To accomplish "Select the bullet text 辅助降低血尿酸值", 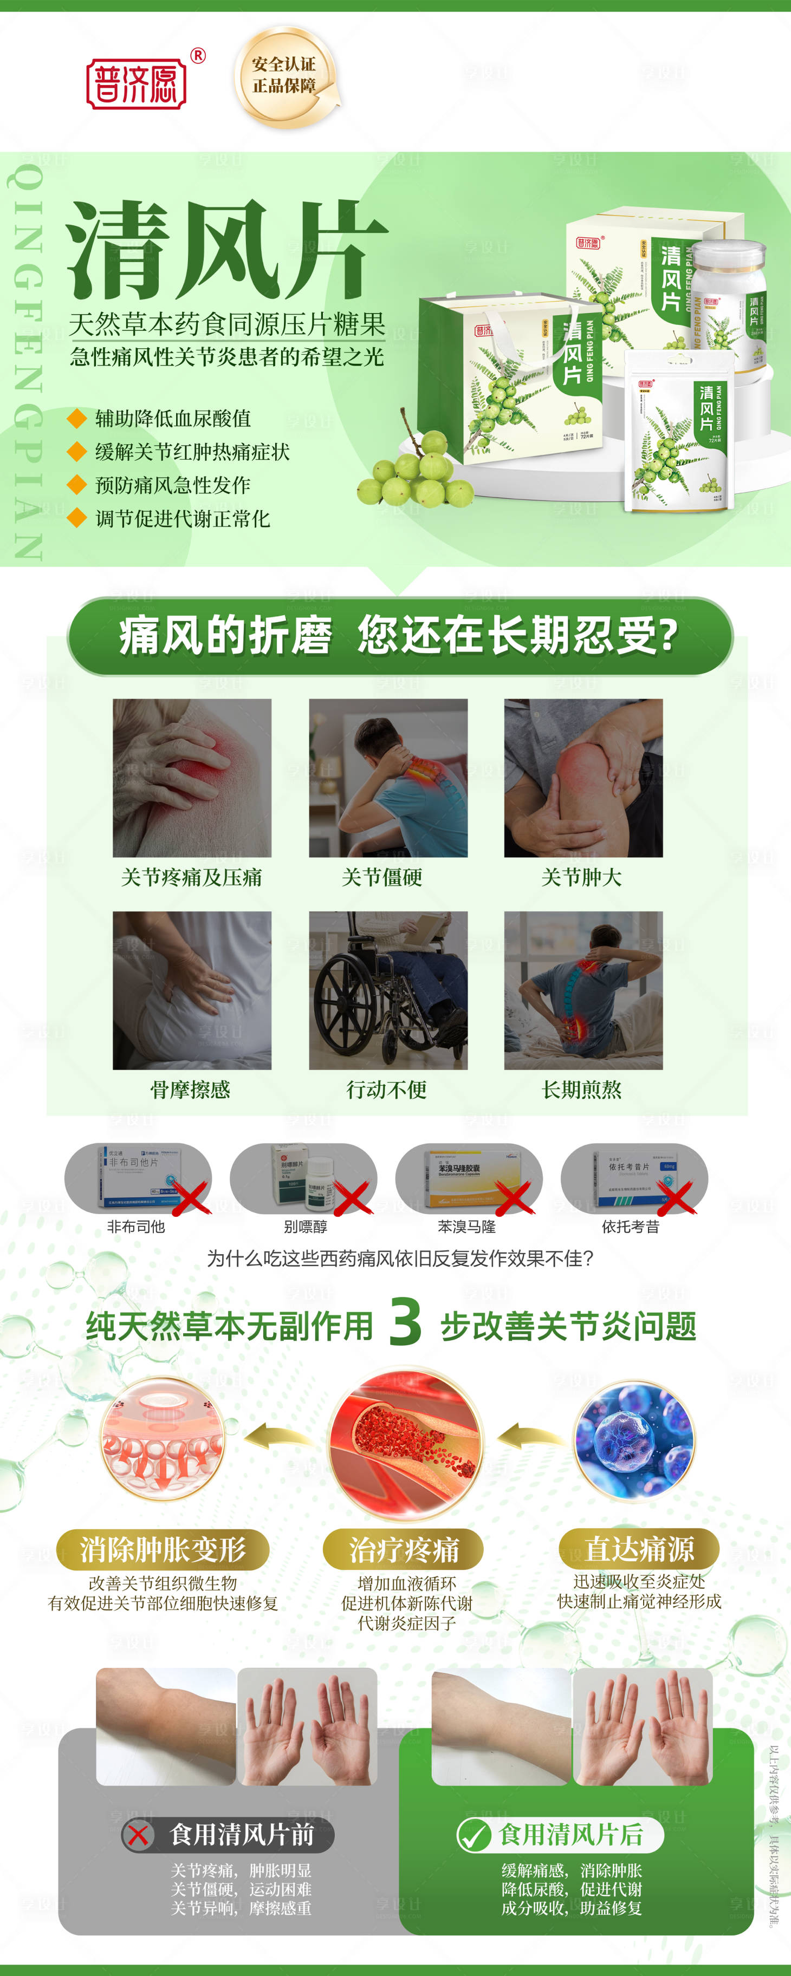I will (173, 419).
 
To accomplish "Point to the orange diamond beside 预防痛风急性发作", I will (76, 485).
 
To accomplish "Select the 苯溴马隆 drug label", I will (466, 1227).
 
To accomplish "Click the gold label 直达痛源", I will (638, 1549).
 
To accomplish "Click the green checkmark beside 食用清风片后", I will (474, 1835).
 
